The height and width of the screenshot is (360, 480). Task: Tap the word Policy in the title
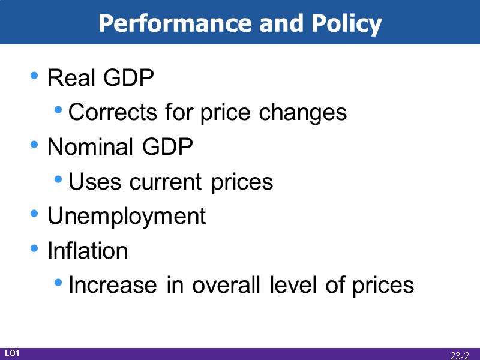(x=346, y=24)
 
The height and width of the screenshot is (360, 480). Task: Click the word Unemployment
(x=127, y=216)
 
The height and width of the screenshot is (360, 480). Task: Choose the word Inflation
(x=88, y=250)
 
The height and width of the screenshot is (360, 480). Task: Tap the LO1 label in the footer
(x=12, y=353)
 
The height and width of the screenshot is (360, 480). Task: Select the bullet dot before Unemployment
(x=35, y=214)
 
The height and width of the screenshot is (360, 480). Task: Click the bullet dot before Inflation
(x=35, y=248)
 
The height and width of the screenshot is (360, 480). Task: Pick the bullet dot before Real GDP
(x=35, y=76)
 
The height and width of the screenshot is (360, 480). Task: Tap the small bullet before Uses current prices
(x=58, y=179)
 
